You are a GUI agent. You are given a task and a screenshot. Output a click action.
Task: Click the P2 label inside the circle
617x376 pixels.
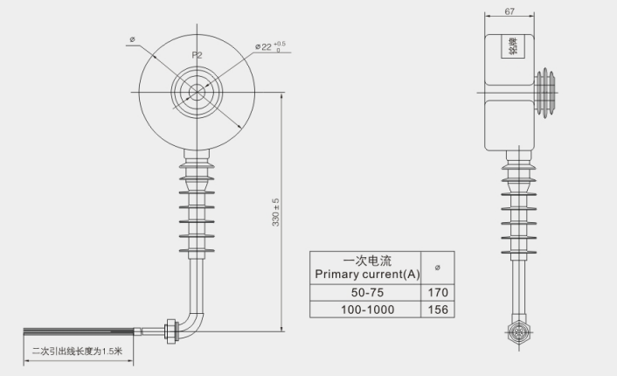point(197,54)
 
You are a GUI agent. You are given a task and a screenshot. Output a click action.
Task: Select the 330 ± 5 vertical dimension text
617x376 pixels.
point(275,212)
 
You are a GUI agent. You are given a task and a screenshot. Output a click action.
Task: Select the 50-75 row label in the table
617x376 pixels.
point(367,292)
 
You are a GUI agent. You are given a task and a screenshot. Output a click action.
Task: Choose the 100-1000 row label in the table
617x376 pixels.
point(367,310)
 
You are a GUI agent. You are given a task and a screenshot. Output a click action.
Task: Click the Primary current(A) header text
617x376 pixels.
point(367,275)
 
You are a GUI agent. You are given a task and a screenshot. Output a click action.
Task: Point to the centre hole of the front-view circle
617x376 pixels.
point(197,90)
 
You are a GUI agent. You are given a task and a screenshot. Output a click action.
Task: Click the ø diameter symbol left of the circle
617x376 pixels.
point(131,38)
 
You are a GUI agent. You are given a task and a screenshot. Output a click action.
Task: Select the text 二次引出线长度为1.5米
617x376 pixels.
point(77,352)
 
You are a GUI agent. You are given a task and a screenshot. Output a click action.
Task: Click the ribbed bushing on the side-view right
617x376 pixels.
point(546,90)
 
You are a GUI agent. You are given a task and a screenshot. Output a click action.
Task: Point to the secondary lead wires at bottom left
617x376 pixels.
point(87,331)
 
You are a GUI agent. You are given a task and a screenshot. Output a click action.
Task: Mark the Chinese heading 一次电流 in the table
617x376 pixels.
point(367,261)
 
